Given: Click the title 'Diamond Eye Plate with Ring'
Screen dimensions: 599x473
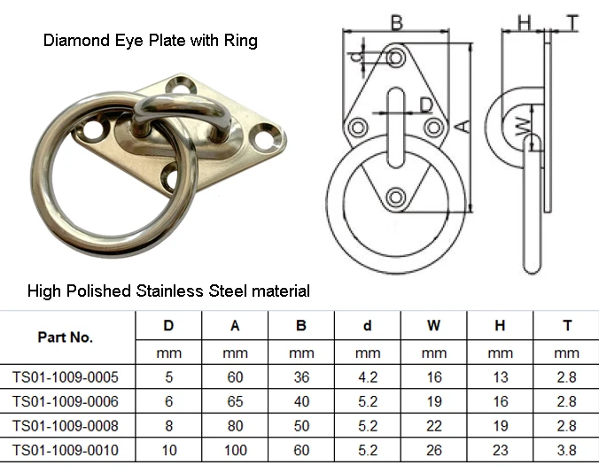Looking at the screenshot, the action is (x=151, y=41).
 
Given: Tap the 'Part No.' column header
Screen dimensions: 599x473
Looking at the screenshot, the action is (x=66, y=337).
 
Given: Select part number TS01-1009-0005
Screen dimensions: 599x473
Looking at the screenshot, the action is (x=66, y=377).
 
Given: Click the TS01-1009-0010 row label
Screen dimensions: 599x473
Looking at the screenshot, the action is (x=66, y=450).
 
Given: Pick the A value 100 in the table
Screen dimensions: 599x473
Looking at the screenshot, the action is (x=235, y=450).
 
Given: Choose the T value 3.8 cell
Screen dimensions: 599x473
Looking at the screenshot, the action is (x=567, y=450).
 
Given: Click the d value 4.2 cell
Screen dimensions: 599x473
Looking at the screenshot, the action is (x=368, y=377).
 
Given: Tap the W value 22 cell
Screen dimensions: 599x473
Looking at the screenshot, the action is (x=433, y=426).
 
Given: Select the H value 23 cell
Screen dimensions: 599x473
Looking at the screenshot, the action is (x=500, y=450).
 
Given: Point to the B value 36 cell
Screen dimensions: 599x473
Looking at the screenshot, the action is (x=301, y=377).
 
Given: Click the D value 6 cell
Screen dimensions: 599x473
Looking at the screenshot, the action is (x=168, y=401).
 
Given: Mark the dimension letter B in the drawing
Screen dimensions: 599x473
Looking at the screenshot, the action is (x=397, y=21).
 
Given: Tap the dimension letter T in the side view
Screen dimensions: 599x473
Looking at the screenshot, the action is (x=573, y=21).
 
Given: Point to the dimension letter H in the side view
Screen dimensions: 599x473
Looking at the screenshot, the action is (x=524, y=21).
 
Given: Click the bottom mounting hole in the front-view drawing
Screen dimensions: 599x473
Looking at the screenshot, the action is (x=396, y=194).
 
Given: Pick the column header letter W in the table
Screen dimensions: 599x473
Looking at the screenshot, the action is (x=433, y=326).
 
